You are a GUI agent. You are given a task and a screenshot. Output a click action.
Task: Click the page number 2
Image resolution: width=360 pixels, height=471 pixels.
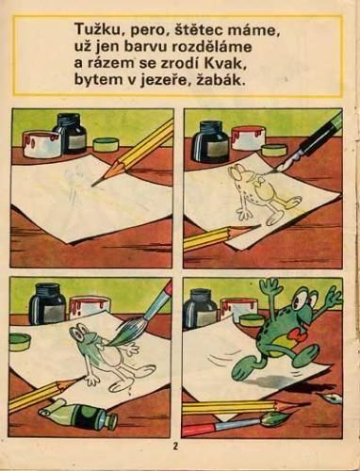tap(175, 447)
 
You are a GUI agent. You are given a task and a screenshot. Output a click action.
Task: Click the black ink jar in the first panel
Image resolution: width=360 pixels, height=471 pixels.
tap(70, 135)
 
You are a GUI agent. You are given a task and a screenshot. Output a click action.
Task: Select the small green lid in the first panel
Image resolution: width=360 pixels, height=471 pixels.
tap(106, 145)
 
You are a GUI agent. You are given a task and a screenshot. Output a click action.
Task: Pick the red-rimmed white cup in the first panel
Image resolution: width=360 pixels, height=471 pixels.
tap(41, 144)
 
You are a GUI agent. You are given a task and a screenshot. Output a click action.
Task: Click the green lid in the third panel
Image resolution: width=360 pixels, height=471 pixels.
tap(20, 342)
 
